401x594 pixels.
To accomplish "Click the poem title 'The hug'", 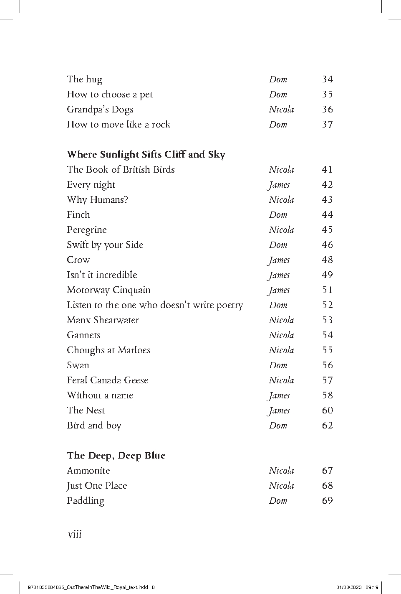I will [x=84, y=79].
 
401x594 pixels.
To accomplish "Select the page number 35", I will [x=327, y=94].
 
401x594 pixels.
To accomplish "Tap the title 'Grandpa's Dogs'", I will [x=100, y=110].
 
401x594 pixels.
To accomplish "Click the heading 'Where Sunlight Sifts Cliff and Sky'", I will [x=146, y=155].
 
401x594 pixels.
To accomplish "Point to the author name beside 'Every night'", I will [x=279, y=185].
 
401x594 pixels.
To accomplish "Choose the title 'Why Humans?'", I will [x=97, y=200].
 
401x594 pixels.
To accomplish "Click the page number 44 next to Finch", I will [x=327, y=215].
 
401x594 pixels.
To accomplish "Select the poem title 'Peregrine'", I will [x=87, y=230].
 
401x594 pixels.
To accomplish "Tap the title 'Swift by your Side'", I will [x=105, y=245].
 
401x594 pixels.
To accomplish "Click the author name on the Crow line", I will [x=279, y=260].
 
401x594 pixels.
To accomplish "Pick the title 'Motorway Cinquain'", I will [x=108, y=290].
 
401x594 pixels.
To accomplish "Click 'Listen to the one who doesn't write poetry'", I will [x=155, y=305].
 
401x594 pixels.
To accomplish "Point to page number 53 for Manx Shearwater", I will [x=327, y=320].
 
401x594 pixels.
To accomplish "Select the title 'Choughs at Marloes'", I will [x=108, y=350].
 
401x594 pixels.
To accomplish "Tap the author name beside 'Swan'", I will [x=278, y=365].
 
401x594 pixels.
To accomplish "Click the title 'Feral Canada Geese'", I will [x=108, y=380].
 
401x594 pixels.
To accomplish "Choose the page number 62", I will [x=327, y=426].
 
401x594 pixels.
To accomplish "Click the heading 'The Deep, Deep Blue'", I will [x=116, y=456].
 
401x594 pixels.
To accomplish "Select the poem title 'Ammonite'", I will [x=88, y=471].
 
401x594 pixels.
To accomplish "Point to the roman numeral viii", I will [x=74, y=534].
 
